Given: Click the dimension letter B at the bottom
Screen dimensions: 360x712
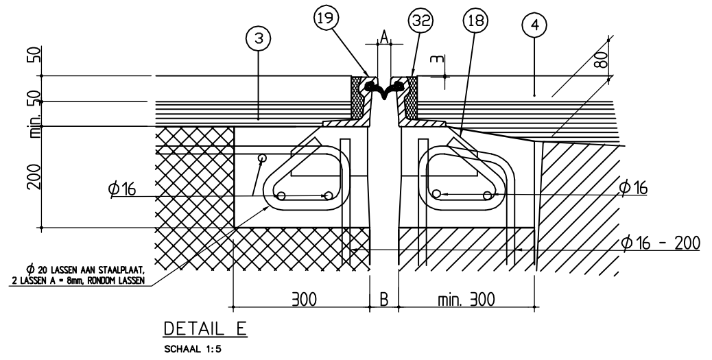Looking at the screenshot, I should (384, 300).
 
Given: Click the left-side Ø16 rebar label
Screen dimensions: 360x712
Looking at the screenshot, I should (121, 189).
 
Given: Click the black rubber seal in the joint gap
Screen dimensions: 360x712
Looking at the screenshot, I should (384, 87).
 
